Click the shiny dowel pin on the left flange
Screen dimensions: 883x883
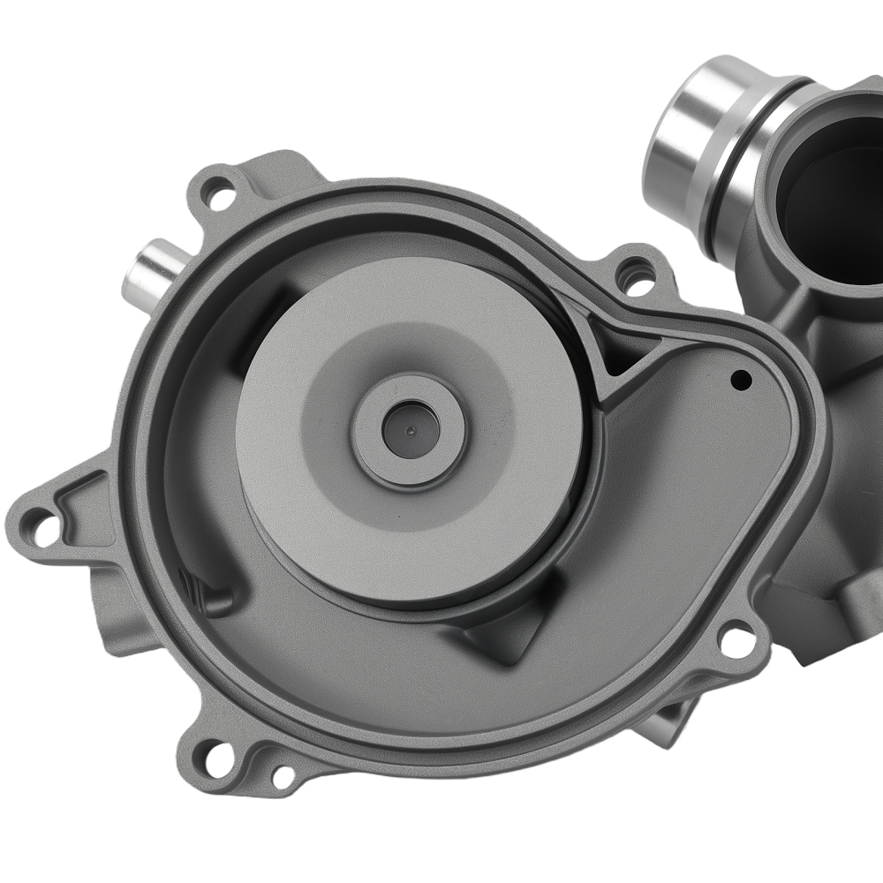[x=152, y=268]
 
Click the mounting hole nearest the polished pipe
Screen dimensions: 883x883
[x=638, y=275]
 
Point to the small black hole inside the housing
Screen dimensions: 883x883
[x=742, y=380]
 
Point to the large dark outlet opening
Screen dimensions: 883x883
[x=834, y=203]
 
